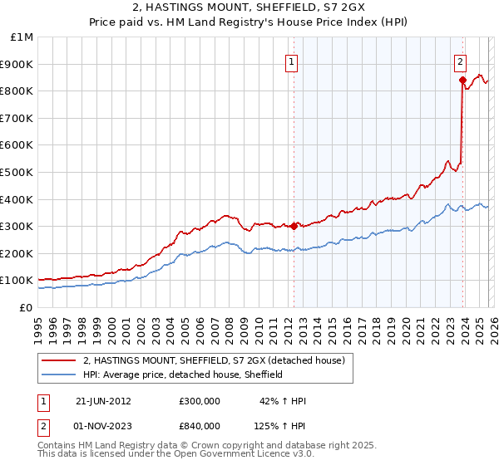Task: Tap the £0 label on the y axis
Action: [27, 307]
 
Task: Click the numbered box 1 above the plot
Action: [293, 61]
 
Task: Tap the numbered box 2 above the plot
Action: [460, 61]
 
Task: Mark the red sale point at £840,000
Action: [462, 81]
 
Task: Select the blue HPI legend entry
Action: [183, 374]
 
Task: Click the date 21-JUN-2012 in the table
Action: [103, 401]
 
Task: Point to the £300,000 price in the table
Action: [200, 401]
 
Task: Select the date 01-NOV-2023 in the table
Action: [104, 426]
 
